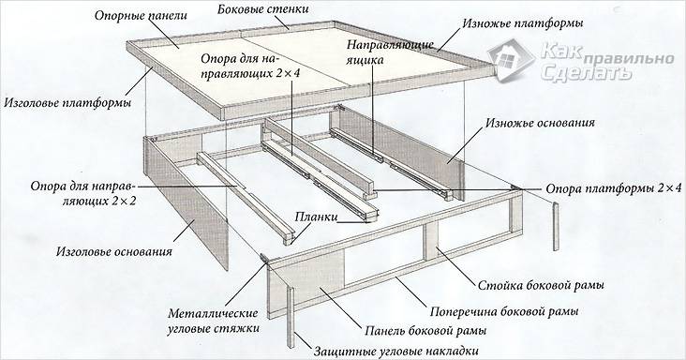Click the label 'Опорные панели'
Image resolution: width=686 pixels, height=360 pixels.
pos(140,16)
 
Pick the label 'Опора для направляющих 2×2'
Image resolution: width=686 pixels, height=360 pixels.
pos(69,193)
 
